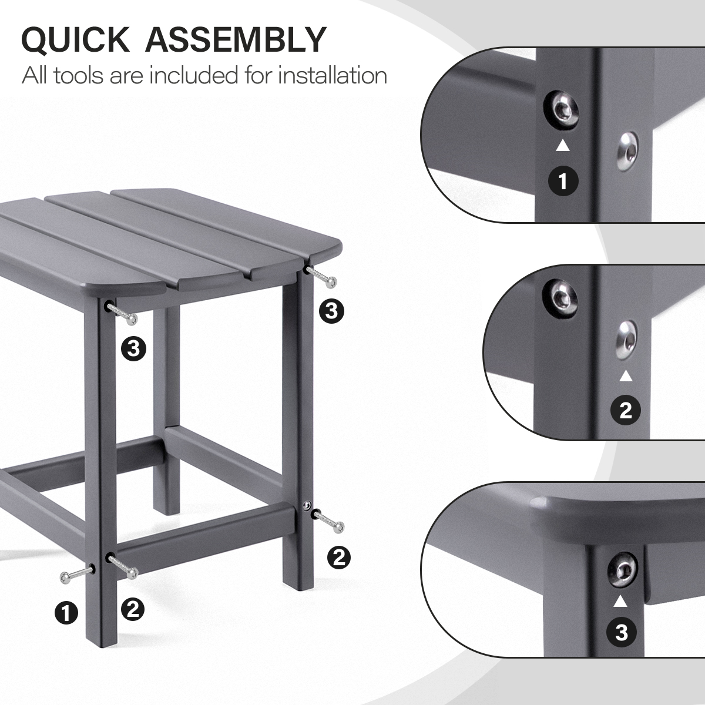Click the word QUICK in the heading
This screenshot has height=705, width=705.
[75, 40]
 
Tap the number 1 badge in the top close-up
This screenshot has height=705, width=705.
[563, 181]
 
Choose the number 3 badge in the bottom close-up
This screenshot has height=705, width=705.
[622, 642]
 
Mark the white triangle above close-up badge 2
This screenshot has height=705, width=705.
[626, 376]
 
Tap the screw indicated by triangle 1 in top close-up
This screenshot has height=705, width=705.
[561, 109]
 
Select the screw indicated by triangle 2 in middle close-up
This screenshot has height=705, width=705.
[627, 341]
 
